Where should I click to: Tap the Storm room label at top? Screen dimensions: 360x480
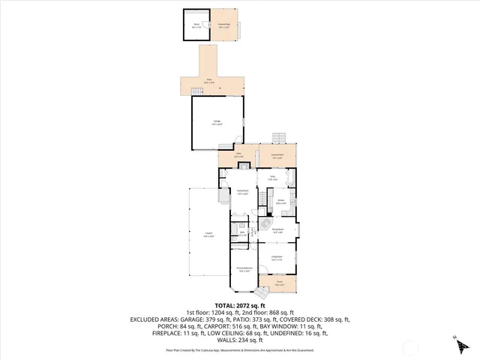coord(196,26)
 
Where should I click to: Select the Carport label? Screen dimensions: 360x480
coord(208,235)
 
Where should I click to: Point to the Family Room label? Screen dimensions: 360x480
coord(242,193)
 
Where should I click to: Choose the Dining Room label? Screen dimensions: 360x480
coord(277,231)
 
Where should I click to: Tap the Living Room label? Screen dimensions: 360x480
coord(277,259)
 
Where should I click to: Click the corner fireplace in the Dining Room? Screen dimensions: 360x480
coord(265,223)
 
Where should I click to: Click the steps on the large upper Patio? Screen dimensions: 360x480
coord(197,91)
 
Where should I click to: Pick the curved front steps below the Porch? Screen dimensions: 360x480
coord(260,291)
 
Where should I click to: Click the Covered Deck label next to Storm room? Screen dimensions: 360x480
coord(223,26)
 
